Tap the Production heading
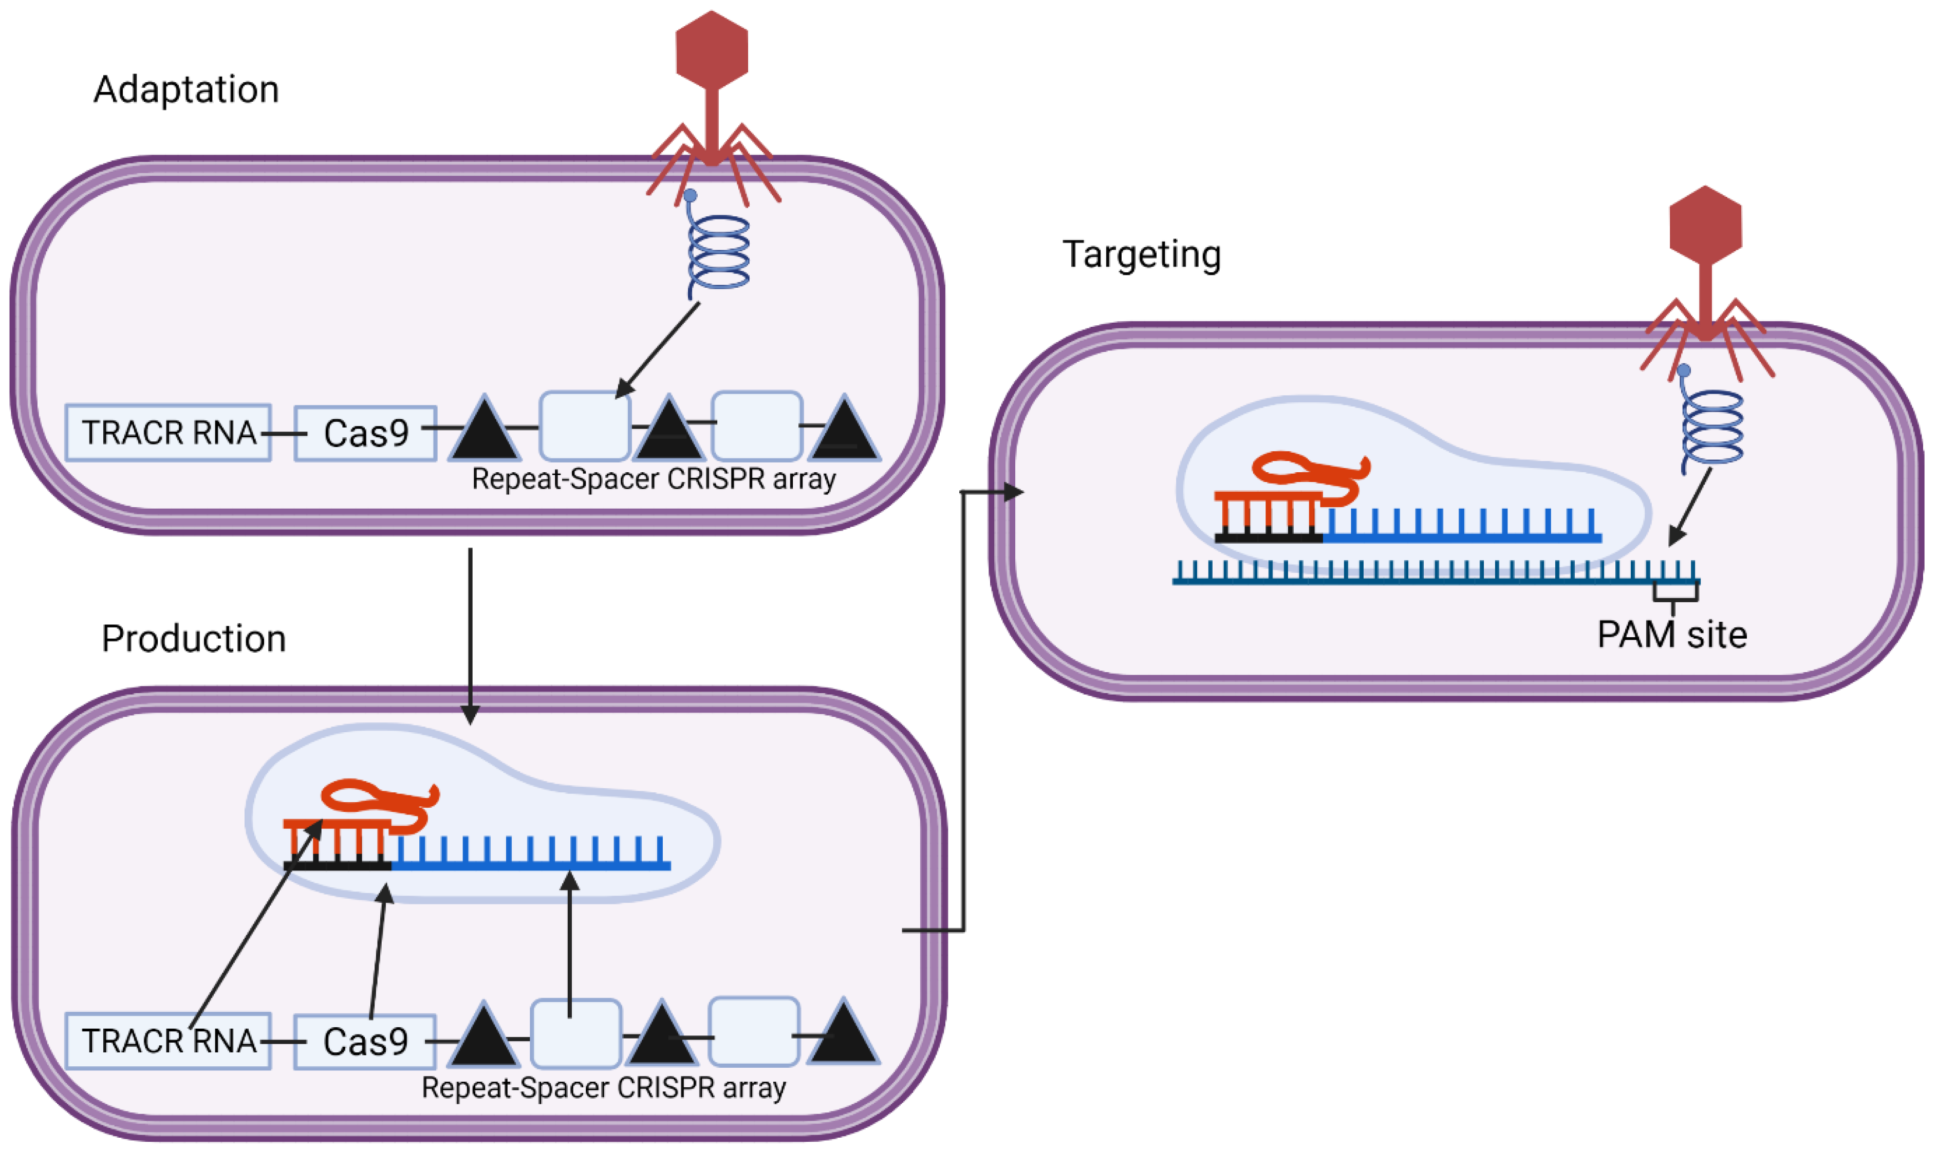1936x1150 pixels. (x=194, y=639)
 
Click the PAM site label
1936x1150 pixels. (x=1672, y=635)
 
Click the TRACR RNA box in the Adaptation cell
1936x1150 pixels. (x=168, y=433)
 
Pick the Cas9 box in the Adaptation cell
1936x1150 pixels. (x=366, y=433)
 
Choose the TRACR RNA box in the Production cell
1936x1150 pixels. (x=168, y=1041)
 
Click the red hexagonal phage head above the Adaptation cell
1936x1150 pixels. (x=712, y=50)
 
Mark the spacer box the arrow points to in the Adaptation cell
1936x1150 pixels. (x=585, y=426)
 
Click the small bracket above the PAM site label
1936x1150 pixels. (x=1675, y=593)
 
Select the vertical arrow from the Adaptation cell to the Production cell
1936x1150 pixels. (x=470, y=636)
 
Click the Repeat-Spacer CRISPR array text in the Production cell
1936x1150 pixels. (x=604, y=1088)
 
